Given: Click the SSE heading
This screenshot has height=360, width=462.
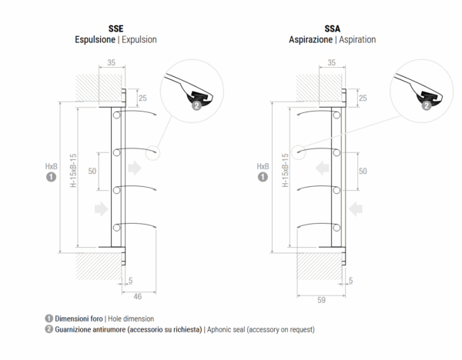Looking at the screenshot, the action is point(115,29).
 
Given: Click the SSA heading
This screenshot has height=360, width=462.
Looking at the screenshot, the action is point(333,29).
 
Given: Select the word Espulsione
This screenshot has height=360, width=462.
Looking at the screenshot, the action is point(95,39).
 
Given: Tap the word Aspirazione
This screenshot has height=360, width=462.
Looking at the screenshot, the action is point(310,39).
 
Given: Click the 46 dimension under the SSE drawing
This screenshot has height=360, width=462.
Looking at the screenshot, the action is point(138,296).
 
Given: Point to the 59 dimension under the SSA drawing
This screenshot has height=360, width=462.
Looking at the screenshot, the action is point(321,300).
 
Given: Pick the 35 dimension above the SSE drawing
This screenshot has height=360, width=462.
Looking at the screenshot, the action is point(112,63).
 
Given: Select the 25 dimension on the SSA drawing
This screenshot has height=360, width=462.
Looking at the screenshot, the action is point(363,98).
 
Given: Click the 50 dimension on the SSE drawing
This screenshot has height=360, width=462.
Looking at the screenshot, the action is point(92,171).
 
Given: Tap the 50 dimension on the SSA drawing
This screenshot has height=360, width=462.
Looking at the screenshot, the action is point(363,171).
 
